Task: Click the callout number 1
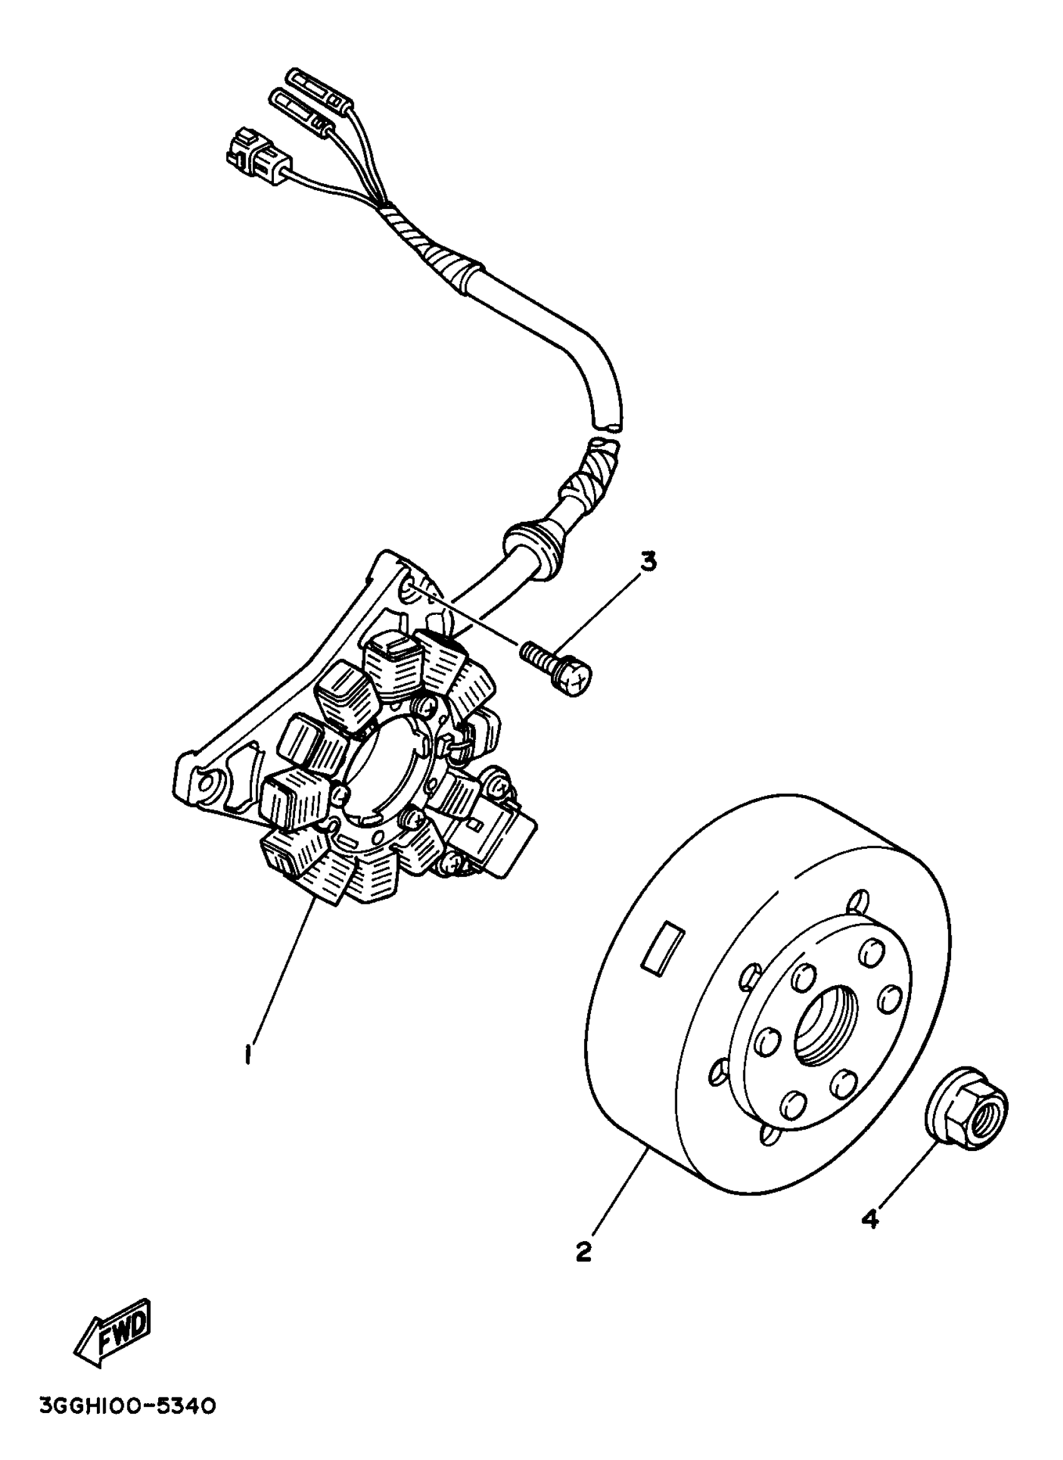[248, 1055]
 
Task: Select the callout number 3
[648, 562]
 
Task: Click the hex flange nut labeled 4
[967, 1107]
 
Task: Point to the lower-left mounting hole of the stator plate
[206, 783]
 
